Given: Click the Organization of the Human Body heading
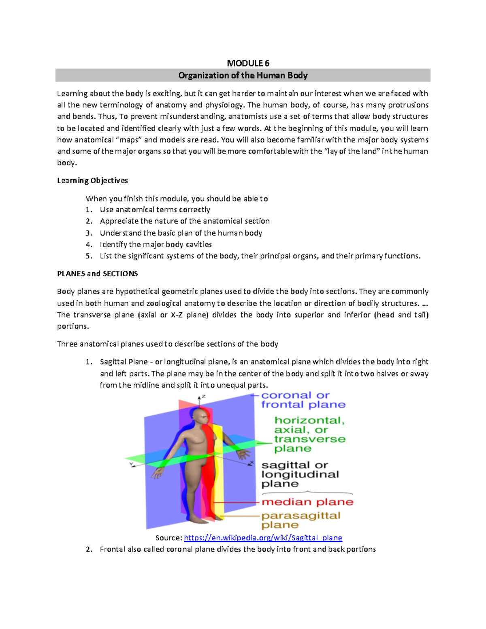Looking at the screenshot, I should [x=243, y=75].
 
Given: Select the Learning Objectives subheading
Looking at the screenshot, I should [x=92, y=180].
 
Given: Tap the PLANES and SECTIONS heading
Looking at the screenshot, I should [x=97, y=274].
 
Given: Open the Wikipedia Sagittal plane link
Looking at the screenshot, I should [x=263, y=538].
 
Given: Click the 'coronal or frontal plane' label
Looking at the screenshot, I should [x=303, y=400].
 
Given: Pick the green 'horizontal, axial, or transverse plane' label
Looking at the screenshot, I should [x=310, y=434].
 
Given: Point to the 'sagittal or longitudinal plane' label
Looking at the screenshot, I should [x=300, y=474].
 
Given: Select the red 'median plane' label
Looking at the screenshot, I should [x=307, y=502].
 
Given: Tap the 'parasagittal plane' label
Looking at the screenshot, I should [x=301, y=520].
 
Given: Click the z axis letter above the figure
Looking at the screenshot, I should [x=203, y=397].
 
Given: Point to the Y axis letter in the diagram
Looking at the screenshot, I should [x=131, y=464].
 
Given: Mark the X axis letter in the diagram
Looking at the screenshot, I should [x=252, y=463].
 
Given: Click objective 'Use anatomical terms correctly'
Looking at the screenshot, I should [x=155, y=210].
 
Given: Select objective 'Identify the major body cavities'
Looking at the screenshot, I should [x=156, y=245].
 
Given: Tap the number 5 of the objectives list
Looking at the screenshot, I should [x=88, y=256].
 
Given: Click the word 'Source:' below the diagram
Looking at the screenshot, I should [x=169, y=538].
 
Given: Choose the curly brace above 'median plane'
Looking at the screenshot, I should [x=307, y=493].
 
